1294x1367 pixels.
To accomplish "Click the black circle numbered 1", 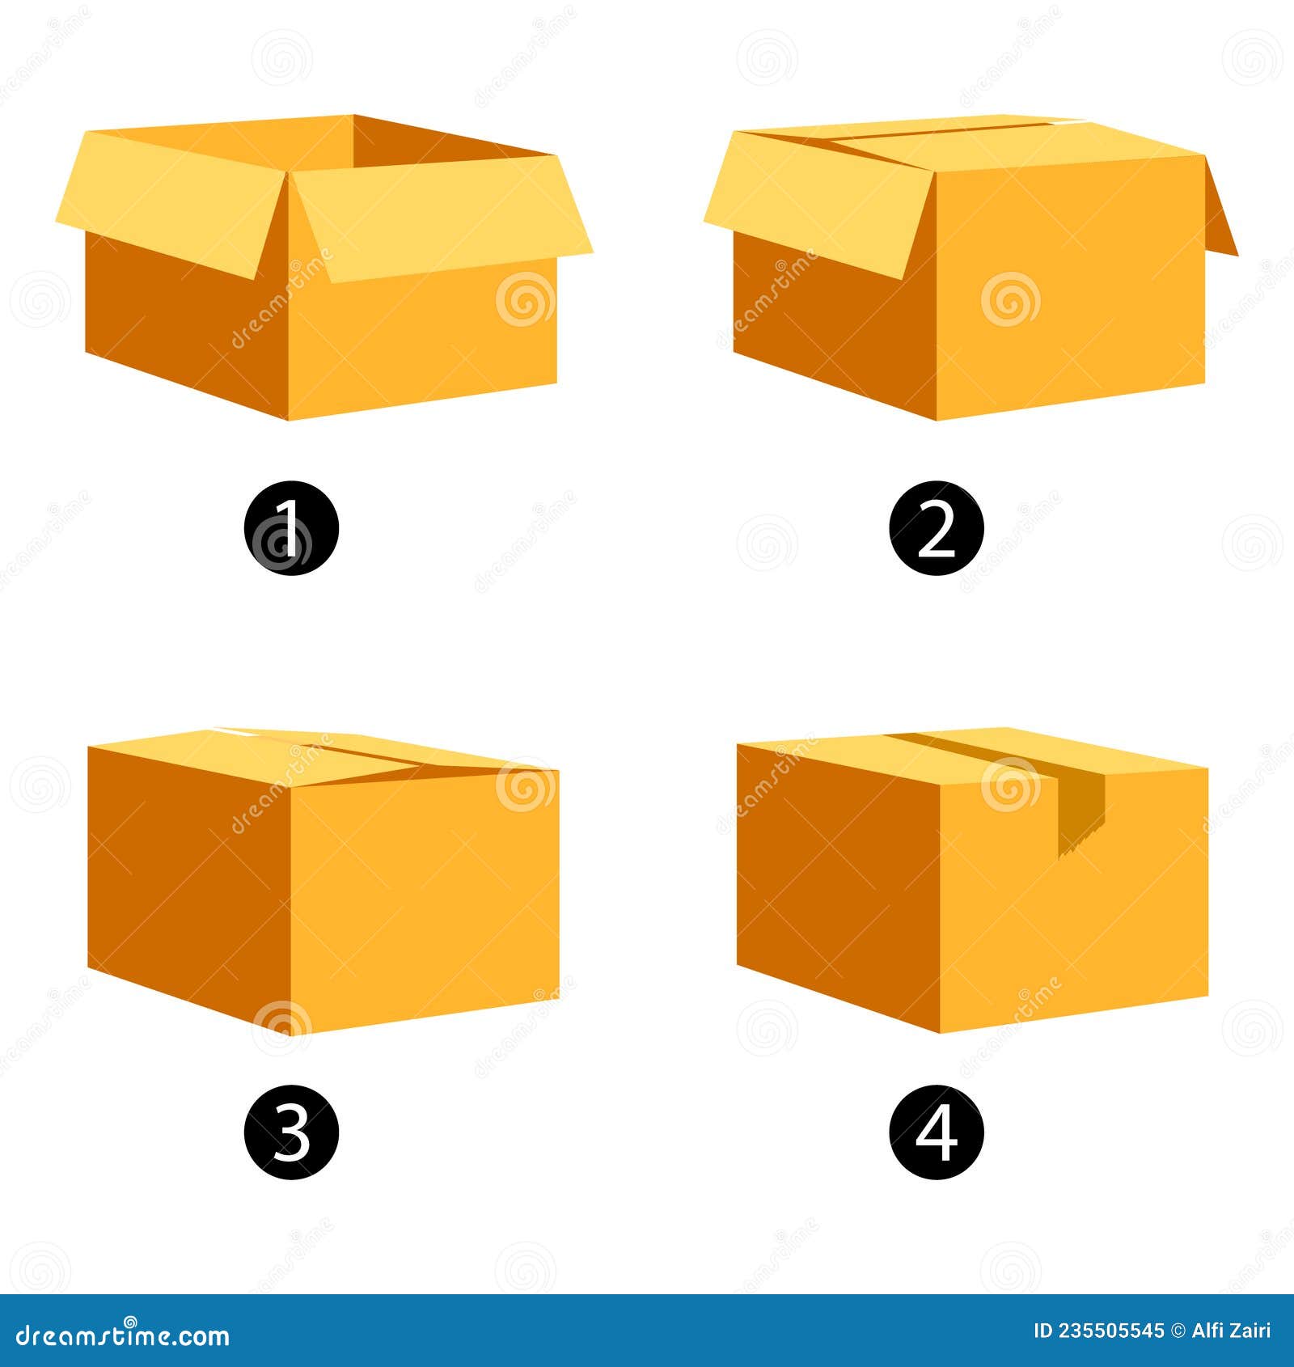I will pos(291,527).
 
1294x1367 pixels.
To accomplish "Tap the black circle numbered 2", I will pos(937,527).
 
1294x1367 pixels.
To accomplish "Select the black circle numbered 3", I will pos(291,1132).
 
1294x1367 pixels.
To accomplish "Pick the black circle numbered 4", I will pos(937,1132).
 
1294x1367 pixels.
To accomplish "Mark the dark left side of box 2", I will pos(833,332).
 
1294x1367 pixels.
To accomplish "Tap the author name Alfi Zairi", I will pos(1231,1331).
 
